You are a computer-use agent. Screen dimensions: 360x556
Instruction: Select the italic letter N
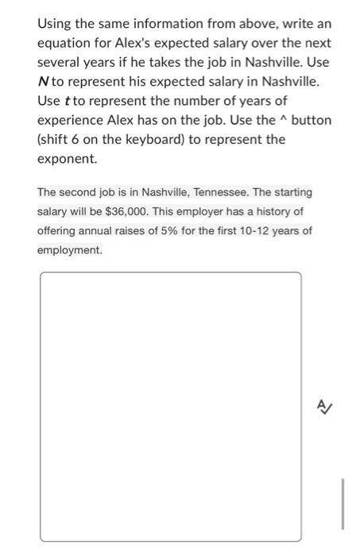pos(43,81)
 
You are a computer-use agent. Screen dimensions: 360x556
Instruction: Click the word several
pos(62,62)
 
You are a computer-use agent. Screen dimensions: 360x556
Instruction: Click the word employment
pos(69,250)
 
